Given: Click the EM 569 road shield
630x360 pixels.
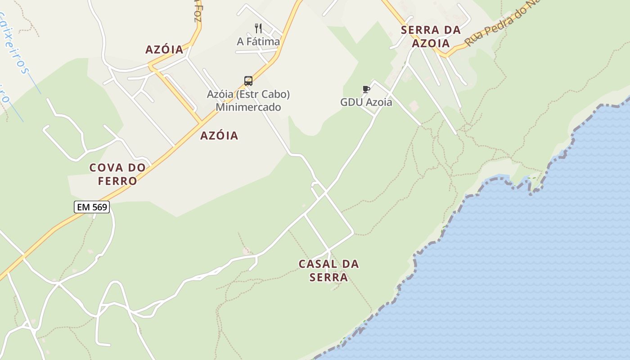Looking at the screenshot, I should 92,207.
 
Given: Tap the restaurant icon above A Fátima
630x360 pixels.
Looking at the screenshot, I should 258,28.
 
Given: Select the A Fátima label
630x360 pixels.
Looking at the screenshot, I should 258,41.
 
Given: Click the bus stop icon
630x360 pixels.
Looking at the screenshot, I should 248,81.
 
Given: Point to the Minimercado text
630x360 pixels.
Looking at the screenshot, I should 248,107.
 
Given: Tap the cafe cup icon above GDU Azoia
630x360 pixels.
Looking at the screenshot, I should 366,89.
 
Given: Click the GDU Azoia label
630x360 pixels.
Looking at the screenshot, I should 366,102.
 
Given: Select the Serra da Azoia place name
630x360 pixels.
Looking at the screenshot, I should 431,36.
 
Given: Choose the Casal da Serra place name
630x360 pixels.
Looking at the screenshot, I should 328,270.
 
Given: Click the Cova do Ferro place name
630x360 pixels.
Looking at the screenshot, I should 117,174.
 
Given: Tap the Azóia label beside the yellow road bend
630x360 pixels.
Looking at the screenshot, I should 164,49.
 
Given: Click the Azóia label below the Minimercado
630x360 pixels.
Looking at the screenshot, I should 219,135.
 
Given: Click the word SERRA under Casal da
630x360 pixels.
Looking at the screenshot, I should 328,277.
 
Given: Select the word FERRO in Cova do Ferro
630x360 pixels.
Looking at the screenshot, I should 118,181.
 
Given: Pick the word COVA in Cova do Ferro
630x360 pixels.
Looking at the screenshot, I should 106,168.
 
